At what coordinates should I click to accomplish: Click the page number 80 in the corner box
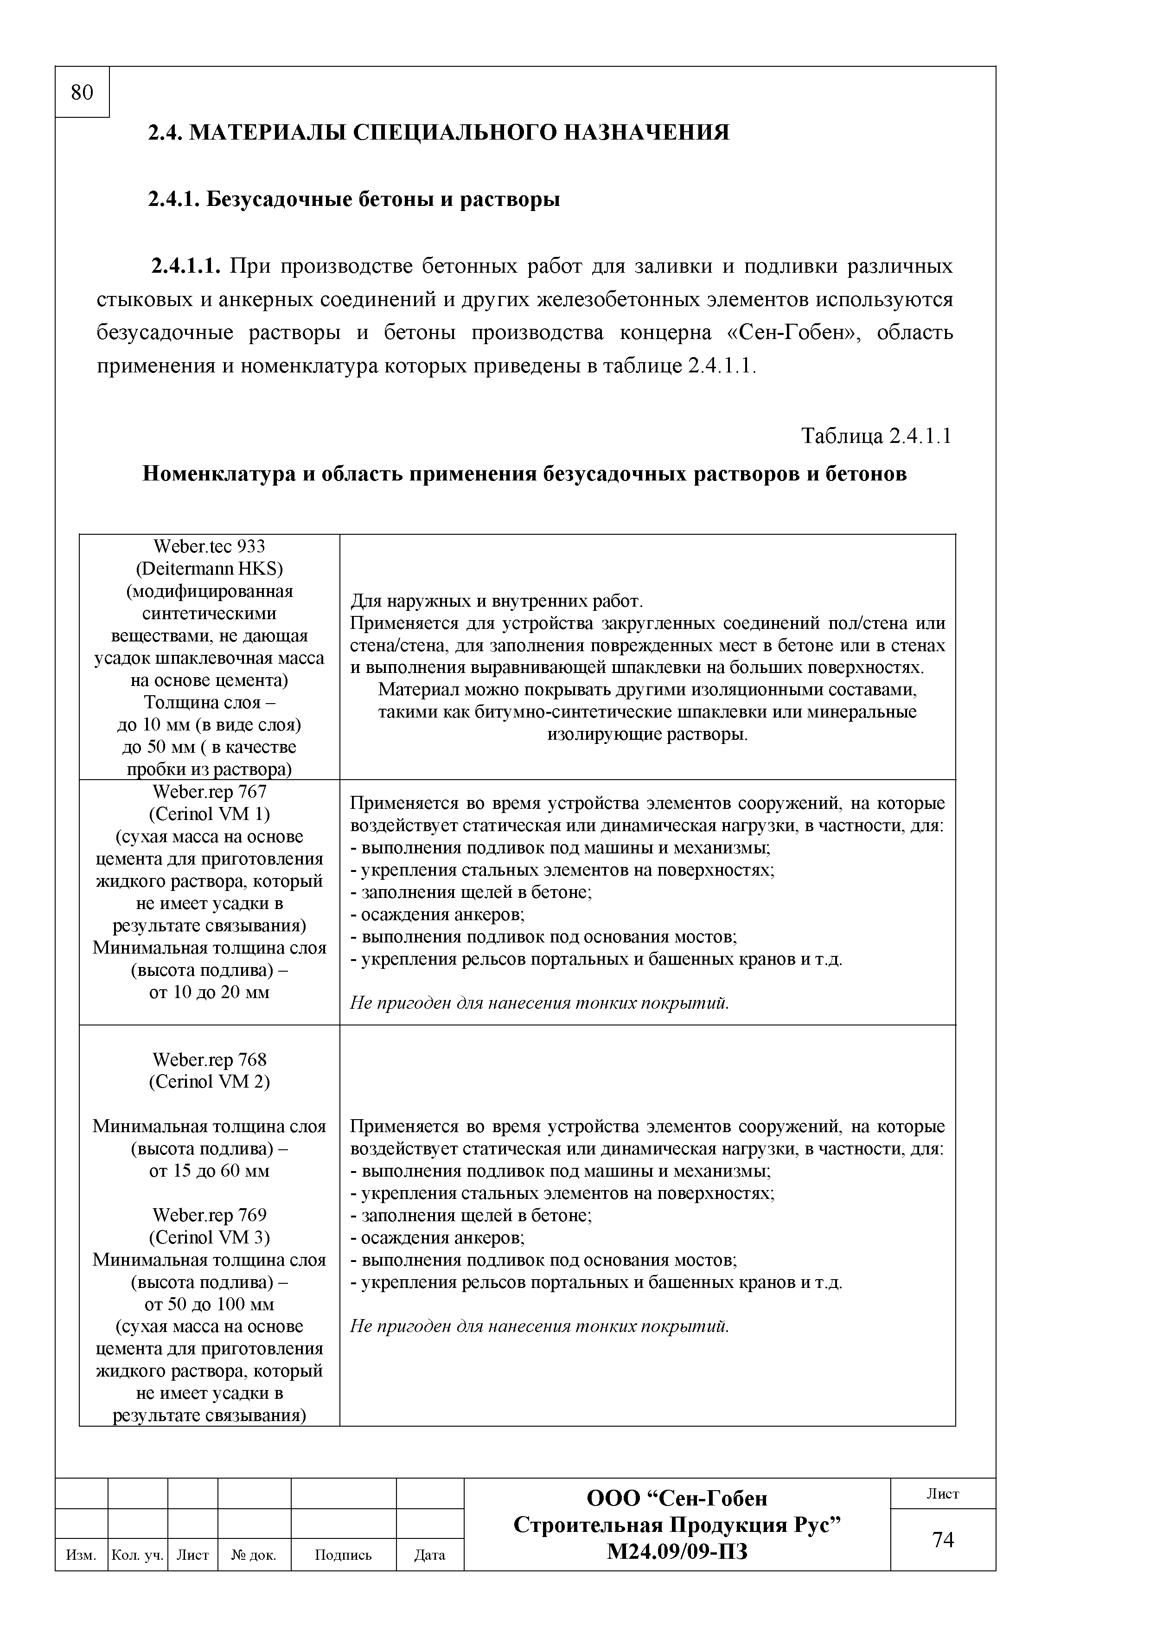82,93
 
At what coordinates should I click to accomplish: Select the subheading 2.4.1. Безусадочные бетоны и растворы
353,200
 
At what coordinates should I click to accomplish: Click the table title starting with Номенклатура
524,474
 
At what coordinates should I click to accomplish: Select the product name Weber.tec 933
209,546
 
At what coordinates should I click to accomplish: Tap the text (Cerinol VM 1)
209,813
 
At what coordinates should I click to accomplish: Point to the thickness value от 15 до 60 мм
209,1171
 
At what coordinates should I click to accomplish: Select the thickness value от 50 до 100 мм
209,1305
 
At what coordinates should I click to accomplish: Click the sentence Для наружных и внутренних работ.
497,602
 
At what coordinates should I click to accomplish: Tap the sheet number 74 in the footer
942,1539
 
